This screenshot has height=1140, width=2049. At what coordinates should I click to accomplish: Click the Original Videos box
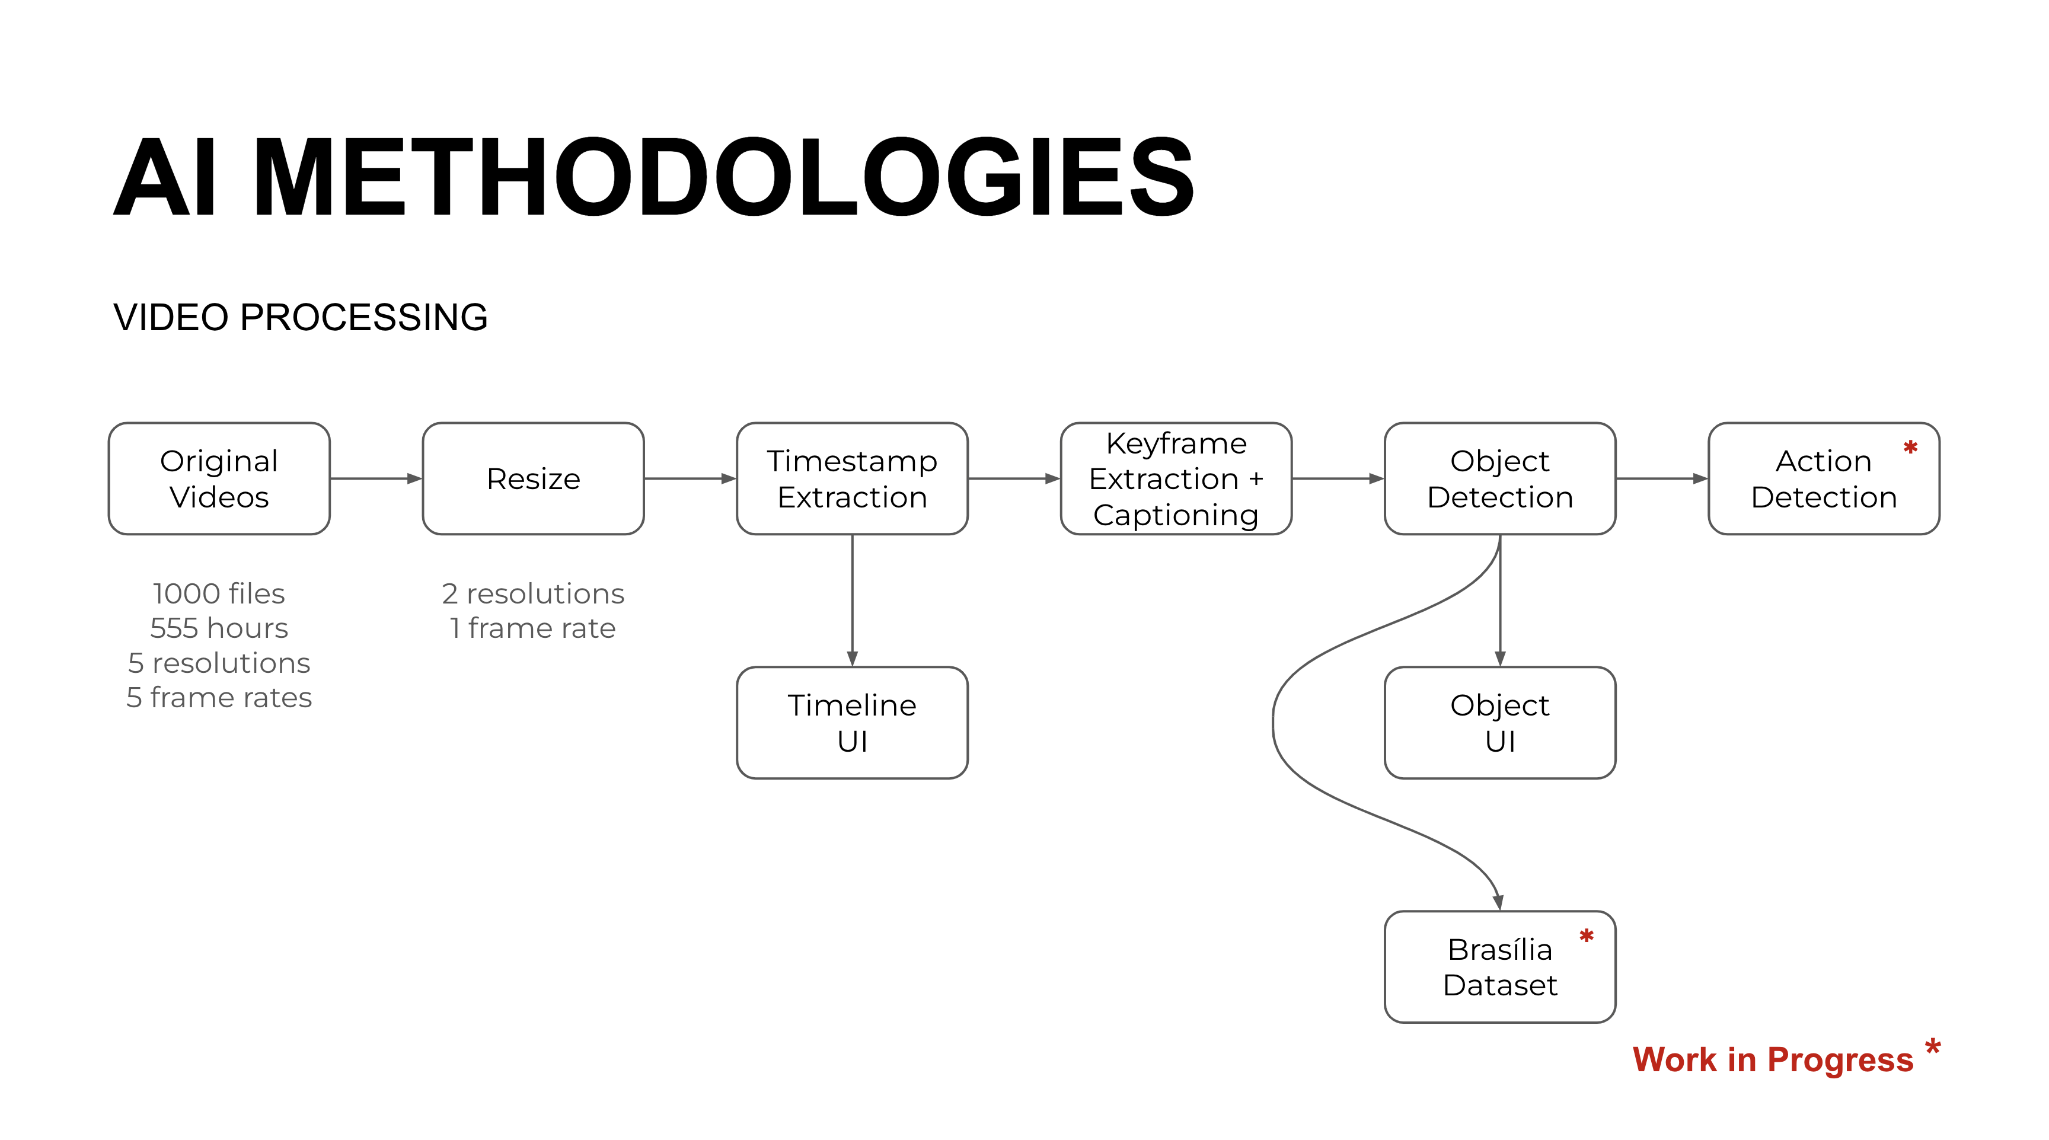coord(219,478)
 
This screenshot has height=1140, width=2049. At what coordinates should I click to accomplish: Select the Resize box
coord(533,478)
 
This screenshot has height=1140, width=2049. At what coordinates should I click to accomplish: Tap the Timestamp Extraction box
coord(852,478)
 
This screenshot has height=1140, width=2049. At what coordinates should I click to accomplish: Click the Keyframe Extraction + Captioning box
coord(1176,478)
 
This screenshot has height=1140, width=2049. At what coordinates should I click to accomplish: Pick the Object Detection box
coord(1499,478)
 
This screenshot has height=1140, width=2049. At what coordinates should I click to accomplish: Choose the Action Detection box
coord(1823,478)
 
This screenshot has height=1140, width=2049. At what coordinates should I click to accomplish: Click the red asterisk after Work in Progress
coord(1932,1046)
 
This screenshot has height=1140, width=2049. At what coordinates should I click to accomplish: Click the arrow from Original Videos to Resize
coord(375,478)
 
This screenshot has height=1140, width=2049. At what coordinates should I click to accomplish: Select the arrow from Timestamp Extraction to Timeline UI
coord(852,600)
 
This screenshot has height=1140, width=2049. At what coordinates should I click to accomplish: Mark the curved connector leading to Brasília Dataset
coord(1274,724)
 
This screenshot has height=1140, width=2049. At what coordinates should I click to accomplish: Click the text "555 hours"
coord(219,628)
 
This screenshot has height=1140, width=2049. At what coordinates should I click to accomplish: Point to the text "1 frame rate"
coord(533,628)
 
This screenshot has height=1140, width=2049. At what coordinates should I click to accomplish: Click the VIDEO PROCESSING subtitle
coord(300,317)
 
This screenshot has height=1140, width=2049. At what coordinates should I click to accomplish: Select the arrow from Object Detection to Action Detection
coord(1662,478)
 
